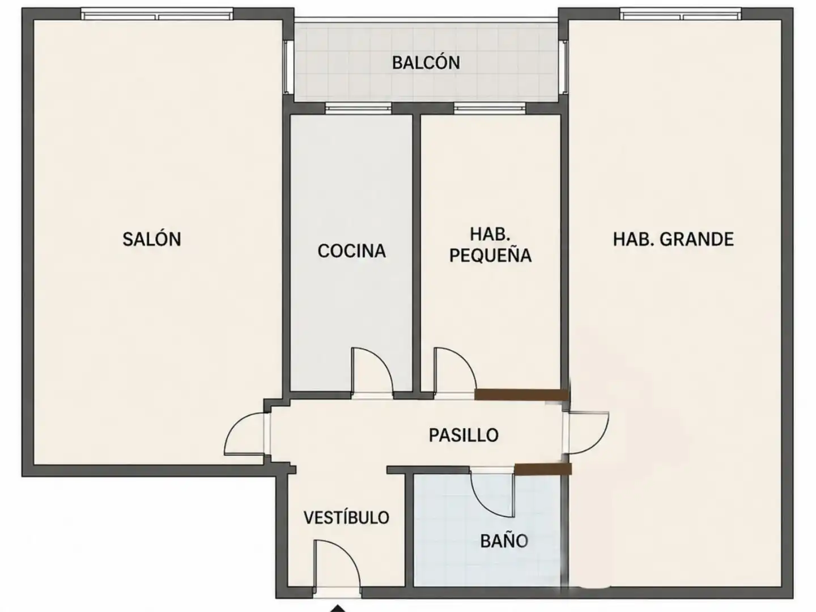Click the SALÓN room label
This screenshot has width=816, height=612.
point(152,239)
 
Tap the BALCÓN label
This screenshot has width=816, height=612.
point(426,62)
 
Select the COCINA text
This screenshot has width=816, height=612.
point(352,251)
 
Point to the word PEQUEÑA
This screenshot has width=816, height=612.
point(490,256)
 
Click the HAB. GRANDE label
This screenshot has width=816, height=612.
point(673,239)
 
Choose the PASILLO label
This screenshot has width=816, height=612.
point(464,435)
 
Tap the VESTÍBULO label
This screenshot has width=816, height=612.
point(346,517)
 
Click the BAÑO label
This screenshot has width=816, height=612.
point(504,541)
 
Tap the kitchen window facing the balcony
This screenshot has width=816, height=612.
point(358,109)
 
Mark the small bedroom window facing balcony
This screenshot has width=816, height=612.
point(490,109)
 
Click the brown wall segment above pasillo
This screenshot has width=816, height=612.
point(521,394)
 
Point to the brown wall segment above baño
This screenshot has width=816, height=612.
point(543,469)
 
